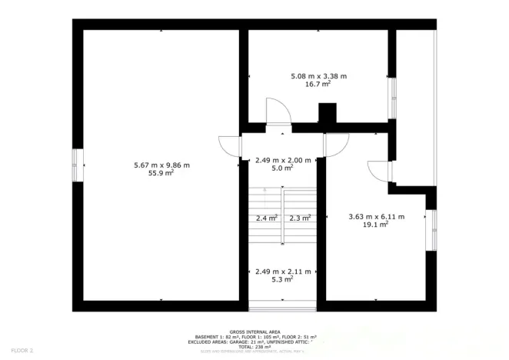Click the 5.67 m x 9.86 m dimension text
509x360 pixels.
161,165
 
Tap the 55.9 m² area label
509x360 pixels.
161,173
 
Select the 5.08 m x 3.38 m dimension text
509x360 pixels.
318,76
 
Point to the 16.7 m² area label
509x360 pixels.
318,85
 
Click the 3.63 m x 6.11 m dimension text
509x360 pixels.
376,217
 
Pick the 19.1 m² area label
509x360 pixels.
376,225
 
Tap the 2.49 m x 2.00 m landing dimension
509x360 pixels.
283,160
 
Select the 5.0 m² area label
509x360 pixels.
283,168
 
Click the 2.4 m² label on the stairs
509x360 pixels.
266,218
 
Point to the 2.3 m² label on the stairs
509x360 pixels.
300,218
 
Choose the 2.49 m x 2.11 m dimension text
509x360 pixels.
283,272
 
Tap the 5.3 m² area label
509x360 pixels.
283,279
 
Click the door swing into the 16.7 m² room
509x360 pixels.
278,112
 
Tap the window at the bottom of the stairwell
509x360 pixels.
283,309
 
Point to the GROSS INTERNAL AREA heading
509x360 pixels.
254,332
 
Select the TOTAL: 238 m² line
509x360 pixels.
254,346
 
